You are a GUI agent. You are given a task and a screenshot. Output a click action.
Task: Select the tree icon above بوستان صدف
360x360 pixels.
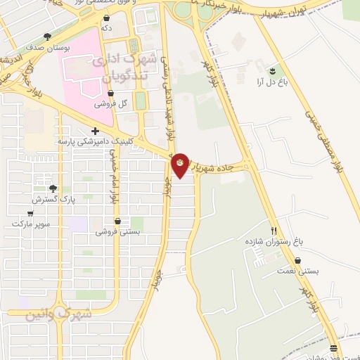coord(47,36)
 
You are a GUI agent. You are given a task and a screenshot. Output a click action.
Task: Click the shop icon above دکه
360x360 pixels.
coord(107,17)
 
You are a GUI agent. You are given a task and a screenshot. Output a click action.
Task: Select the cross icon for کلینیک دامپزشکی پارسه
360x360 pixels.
coord(95,131)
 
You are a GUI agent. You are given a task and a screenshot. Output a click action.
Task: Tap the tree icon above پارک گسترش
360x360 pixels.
coord(53,188)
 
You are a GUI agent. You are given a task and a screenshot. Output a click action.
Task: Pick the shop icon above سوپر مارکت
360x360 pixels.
coord(30,212)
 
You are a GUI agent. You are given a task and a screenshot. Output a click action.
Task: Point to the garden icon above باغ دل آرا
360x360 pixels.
coord(271,70)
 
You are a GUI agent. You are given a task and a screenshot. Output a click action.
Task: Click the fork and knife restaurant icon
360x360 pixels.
coord(274,231)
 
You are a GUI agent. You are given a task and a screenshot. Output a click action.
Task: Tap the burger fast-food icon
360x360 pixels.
coord(333,349)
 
